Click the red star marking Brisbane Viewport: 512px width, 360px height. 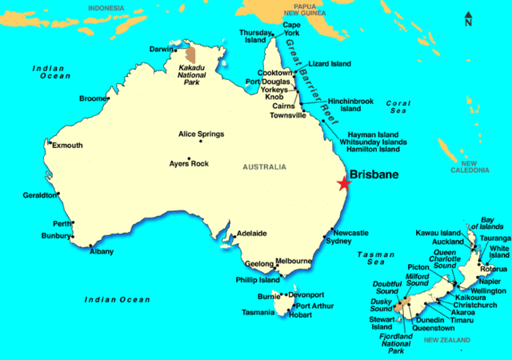coord(344,183)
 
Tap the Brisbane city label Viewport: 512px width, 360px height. coord(376,173)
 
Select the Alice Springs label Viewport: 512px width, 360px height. coord(201,134)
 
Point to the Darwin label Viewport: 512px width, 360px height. coord(161,49)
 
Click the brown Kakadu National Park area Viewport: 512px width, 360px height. coord(190,55)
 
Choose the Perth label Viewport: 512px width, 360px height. coord(62,223)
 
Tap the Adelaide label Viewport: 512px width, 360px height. coord(251,234)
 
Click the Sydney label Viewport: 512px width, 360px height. coord(339,241)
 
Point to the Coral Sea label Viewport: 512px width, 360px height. coord(398,108)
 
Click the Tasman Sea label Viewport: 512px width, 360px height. coord(371,257)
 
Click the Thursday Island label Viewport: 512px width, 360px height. coord(256,37)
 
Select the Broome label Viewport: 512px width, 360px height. coord(92,98)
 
